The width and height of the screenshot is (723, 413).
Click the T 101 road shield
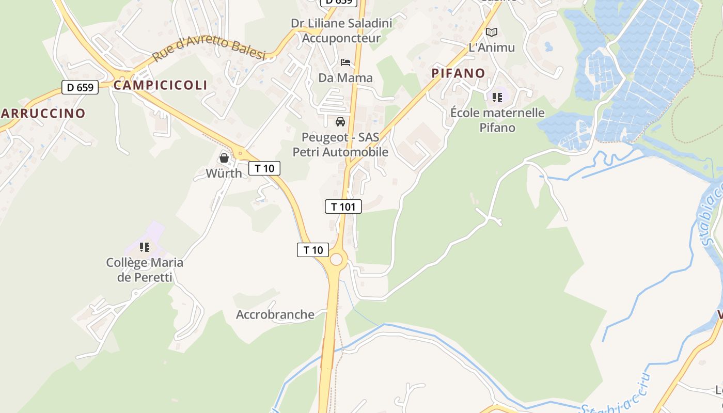click(343, 207)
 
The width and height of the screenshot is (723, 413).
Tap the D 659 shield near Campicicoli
click(80, 87)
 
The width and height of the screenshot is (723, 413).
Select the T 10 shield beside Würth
click(264, 168)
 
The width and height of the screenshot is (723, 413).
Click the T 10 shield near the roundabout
click(313, 250)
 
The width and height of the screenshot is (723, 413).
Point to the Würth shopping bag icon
click(224, 158)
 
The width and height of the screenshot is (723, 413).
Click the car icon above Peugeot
click(340, 122)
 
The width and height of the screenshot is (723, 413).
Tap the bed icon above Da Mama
click(345, 62)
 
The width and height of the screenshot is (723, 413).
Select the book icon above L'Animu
click(492, 33)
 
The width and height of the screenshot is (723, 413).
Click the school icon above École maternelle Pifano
click(497, 97)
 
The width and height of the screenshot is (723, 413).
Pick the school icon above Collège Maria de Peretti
click(145, 247)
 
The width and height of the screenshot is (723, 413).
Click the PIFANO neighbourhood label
click(459, 73)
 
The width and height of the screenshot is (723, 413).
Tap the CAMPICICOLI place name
click(160, 85)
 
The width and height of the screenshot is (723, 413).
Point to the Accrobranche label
click(275, 314)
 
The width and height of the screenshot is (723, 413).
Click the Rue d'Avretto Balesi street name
click(209, 49)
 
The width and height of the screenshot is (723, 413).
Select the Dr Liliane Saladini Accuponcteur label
click(341, 30)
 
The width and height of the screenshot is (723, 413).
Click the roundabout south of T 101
click(336, 259)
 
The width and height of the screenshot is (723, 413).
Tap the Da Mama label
click(345, 78)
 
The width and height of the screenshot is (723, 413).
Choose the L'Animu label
click(492, 47)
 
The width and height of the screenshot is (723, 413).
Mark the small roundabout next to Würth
click(240, 153)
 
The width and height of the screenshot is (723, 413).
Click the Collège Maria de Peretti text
click(145, 269)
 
